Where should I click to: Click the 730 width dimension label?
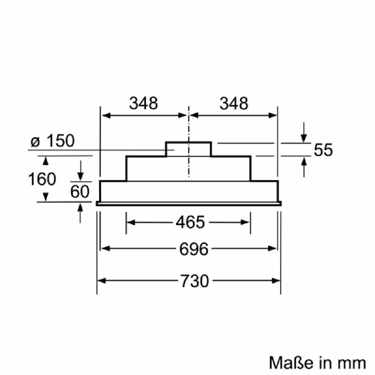coord(194,281)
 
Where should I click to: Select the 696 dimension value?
coord(193,249)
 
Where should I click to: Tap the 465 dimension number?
coord(190,222)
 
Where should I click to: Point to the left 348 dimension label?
coord(143,103)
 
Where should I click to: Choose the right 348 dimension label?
coord(234,103)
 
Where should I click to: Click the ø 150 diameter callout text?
coord(53,141)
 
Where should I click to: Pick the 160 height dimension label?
coord(42,179)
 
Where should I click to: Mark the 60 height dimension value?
coord(80,192)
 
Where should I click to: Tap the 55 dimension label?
coord(323,150)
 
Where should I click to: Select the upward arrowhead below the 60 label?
coord(81,207)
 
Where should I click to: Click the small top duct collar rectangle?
coord(188,149)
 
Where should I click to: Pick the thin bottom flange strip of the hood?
coord(189,204)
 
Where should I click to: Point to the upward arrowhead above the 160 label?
coord(46,160)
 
